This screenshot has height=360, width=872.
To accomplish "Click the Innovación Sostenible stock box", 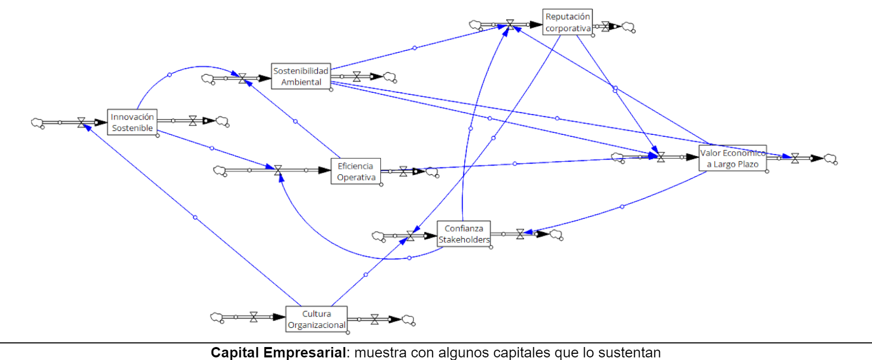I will coord(132,122).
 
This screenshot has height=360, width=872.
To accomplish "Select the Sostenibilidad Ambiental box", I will coord(301,76).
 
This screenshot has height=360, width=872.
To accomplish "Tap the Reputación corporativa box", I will coord(568,22).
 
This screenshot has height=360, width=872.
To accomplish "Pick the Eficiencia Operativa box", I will coord(356,172).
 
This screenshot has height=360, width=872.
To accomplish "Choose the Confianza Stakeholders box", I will coord(464,234).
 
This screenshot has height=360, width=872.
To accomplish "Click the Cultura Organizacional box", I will coord(316,319).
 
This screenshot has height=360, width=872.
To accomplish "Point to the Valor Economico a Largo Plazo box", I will coord(732,159).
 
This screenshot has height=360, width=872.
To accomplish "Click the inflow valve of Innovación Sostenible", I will coord(81,122).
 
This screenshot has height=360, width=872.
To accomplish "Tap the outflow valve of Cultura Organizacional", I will coord(375,319).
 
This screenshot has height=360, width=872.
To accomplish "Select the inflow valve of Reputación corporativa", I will coord(510,24).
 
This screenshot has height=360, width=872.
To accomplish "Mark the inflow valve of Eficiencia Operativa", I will coord(278,170).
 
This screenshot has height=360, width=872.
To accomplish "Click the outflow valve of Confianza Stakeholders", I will coord(520,234).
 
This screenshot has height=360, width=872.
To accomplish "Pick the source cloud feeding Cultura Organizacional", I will coord(217,317).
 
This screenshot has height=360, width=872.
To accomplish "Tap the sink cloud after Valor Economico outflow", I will coord(831,159).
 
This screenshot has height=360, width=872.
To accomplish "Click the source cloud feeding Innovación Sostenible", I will coord(37,123).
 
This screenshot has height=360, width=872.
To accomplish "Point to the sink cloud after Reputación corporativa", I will coord(628,27).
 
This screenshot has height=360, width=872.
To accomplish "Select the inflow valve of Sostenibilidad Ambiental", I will coord(242,78).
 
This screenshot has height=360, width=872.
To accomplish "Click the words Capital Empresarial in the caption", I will coord(278,353).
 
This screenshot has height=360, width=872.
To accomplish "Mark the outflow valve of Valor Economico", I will coord(795,158).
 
